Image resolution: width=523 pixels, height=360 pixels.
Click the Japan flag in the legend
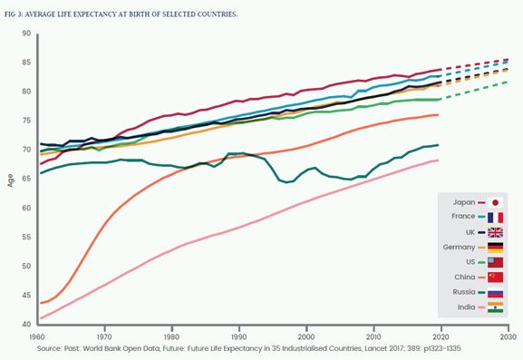point(495,202)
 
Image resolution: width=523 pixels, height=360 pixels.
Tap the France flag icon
point(495,218)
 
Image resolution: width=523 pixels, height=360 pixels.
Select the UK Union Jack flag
point(495,232)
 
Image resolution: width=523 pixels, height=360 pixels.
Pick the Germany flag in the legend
point(495,248)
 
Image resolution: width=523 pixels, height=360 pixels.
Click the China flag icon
point(495,277)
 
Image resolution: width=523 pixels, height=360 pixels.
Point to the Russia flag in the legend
point(495,292)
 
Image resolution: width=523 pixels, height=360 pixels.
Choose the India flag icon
point(495,307)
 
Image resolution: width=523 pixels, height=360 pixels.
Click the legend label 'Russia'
point(463,292)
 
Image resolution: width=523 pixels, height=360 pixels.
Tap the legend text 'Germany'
point(459,248)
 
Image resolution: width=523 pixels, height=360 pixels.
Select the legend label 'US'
point(470,262)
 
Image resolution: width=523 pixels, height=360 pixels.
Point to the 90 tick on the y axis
point(26,34)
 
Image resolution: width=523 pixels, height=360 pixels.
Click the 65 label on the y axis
point(26,179)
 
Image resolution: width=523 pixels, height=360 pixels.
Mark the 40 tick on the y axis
point(26,324)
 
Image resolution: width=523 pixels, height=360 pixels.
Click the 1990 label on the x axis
point(238,336)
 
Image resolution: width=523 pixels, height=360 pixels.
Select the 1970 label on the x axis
point(104,336)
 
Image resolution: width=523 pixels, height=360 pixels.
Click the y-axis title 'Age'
point(11,180)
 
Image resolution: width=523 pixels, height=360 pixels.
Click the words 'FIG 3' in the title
point(13,15)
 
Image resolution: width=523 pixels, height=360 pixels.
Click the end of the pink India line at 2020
point(438,161)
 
